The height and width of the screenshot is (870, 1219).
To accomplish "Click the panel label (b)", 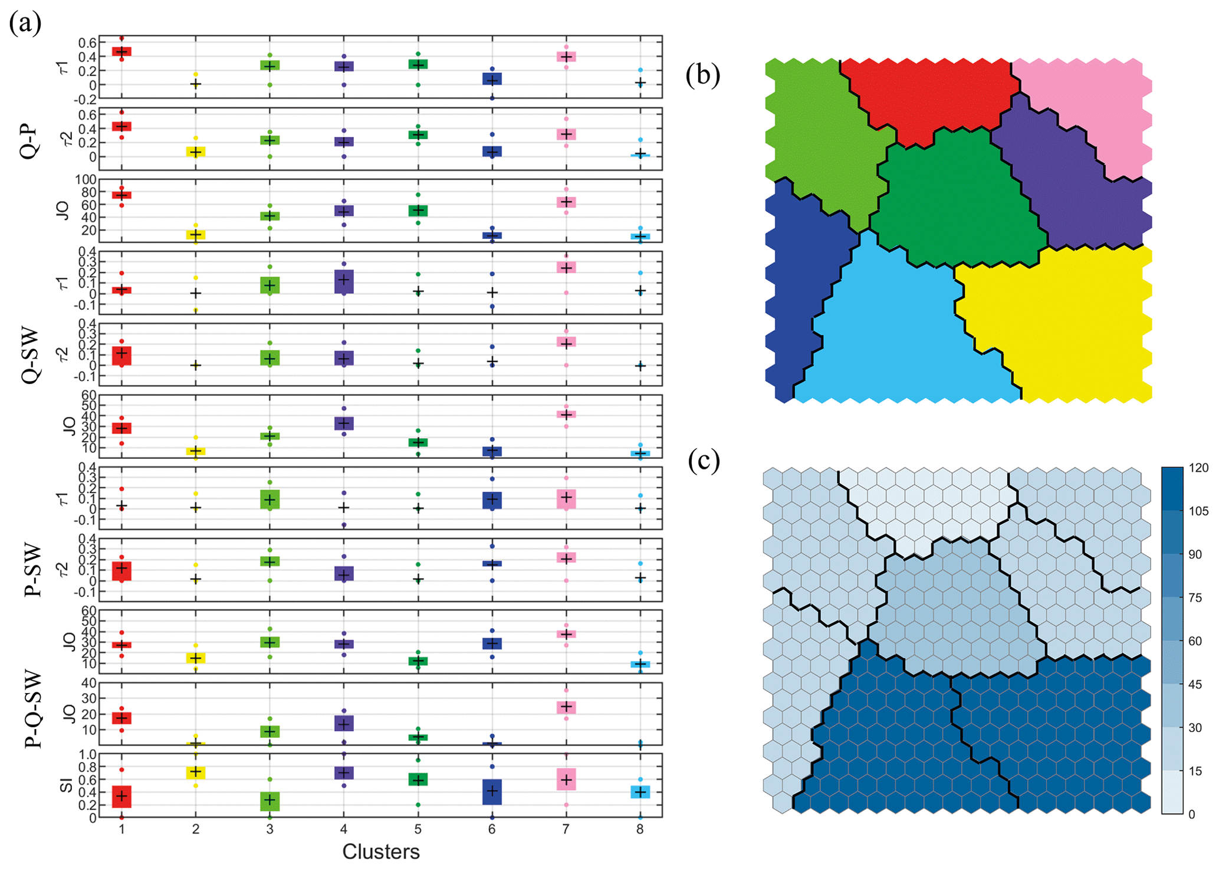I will click(x=702, y=75).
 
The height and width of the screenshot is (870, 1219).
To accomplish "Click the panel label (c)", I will click(x=704, y=461).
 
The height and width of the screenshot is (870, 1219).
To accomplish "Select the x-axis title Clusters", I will click(x=381, y=852).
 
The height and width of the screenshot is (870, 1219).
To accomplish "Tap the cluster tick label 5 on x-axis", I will click(x=418, y=829).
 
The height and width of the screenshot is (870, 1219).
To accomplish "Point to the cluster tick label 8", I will click(x=640, y=829).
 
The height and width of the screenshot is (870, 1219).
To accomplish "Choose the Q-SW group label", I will click(x=29, y=355).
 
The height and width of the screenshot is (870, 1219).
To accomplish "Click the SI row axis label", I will click(x=67, y=785).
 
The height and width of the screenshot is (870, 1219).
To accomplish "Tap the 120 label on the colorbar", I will click(x=1198, y=468).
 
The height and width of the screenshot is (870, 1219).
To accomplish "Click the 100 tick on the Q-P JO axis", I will click(x=86, y=180).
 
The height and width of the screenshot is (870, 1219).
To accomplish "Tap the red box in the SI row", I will click(x=121, y=796).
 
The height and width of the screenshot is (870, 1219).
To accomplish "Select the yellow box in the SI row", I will click(x=195, y=772).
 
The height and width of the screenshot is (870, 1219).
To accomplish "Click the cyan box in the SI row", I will click(x=640, y=792).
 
